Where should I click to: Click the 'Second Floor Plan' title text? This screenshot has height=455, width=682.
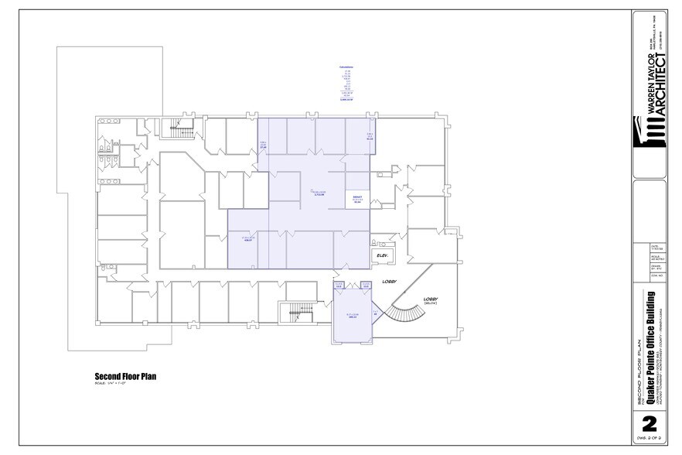pos(125,376)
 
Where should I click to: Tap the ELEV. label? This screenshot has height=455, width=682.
pos(381,255)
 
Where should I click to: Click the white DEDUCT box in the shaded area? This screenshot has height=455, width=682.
pos(357,200)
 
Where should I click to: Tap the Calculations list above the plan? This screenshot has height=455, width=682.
pos(346,84)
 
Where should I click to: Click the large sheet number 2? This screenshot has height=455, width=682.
pos(649,423)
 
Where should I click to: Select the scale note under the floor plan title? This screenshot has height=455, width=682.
pos(109,384)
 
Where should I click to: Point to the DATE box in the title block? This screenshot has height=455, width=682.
pos(649,247)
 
